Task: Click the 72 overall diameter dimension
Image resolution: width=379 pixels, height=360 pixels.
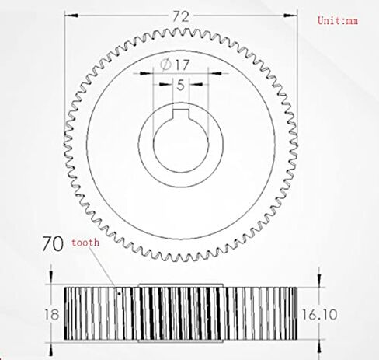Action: pyautogui.click(x=181, y=17)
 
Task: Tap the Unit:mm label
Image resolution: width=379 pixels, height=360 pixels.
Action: pyautogui.click(x=338, y=20)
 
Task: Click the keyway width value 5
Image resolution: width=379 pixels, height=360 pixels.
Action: pyautogui.click(x=180, y=85)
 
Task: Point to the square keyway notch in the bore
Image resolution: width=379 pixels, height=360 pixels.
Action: pyautogui.click(x=181, y=114)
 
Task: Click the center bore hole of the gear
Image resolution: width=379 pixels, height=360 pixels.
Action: pyautogui.click(x=180, y=145)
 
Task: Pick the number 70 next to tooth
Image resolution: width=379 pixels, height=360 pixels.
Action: pyautogui.click(x=53, y=243)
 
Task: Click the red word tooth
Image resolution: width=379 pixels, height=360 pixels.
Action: pyautogui.click(x=85, y=243)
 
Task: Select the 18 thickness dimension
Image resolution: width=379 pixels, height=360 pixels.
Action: pyautogui.click(x=52, y=315)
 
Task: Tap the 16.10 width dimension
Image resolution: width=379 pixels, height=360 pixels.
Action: pyautogui.click(x=319, y=315)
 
